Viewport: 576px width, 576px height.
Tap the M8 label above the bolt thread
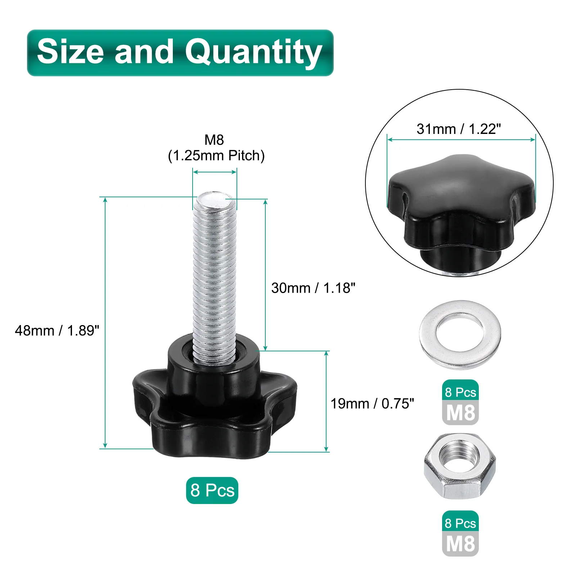click(x=214, y=140)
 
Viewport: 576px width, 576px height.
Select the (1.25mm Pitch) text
click(x=216, y=156)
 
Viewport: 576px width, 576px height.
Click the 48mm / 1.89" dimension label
click(x=57, y=330)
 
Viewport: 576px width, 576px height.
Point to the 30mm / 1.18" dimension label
click(x=313, y=288)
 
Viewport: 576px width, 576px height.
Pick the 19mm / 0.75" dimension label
click(x=372, y=404)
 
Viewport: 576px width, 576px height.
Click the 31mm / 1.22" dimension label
click(x=459, y=129)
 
